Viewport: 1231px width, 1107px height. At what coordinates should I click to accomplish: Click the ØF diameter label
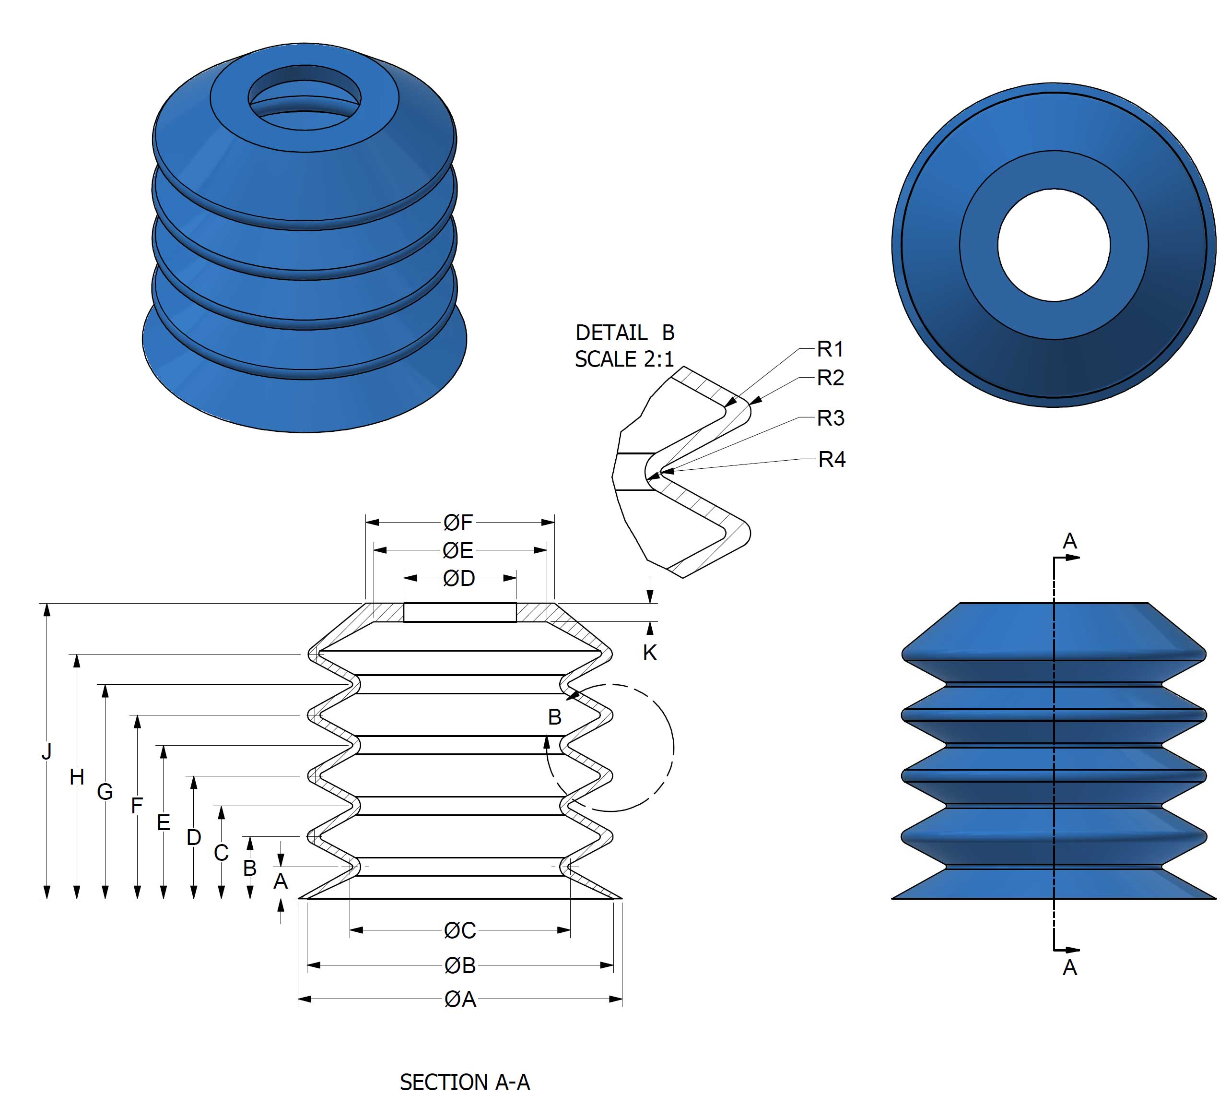[x=458, y=522]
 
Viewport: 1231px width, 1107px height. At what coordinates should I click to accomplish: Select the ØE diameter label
[x=458, y=550]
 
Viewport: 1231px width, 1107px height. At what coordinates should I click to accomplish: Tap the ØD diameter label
[x=459, y=578]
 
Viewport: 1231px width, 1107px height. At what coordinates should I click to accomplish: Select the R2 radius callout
[x=831, y=378]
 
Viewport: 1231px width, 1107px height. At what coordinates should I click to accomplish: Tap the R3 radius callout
[x=831, y=418]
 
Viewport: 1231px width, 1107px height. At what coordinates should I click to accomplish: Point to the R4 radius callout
[x=832, y=459]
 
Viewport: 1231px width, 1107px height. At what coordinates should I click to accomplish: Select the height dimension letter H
[x=77, y=777]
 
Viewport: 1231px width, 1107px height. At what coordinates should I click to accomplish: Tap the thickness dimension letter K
[x=650, y=653]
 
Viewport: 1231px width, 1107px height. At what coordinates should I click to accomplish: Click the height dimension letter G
[x=105, y=792]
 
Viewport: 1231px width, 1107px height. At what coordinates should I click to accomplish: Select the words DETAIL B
[x=625, y=333]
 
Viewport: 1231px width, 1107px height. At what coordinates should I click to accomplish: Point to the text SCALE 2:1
[x=624, y=359]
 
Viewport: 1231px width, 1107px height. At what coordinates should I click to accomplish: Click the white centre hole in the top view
[x=1054, y=245]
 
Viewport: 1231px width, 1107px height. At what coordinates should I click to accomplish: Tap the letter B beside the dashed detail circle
[x=554, y=717]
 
